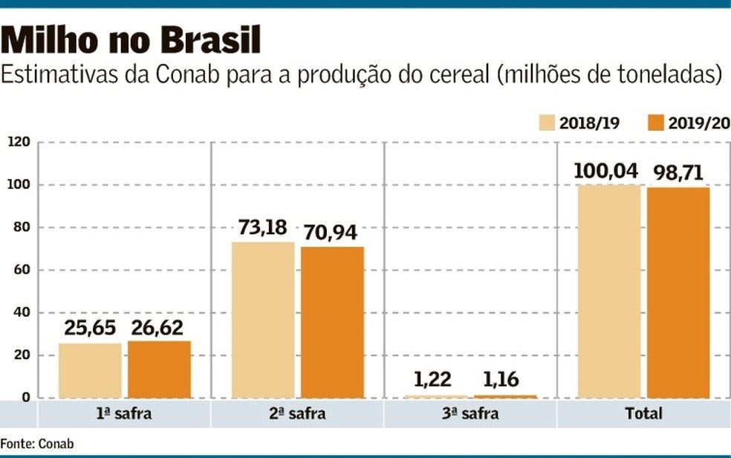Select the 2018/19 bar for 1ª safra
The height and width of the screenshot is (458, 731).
click(x=90, y=370)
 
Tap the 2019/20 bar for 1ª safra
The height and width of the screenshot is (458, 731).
click(x=159, y=369)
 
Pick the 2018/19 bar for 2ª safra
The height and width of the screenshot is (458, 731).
click(x=263, y=320)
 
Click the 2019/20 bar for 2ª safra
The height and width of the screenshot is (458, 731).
click(x=332, y=322)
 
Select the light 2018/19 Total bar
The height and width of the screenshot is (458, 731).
click(x=609, y=291)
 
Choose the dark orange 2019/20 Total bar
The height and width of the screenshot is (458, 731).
click(x=678, y=292)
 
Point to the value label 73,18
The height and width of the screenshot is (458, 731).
click(x=262, y=228)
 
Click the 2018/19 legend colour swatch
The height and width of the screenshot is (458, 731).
click(x=548, y=123)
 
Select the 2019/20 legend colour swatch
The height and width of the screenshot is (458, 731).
click(x=656, y=123)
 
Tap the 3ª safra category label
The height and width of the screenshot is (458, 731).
click(x=470, y=413)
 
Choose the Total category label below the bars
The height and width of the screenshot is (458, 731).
click(x=643, y=413)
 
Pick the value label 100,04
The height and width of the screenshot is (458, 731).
click(x=605, y=171)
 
